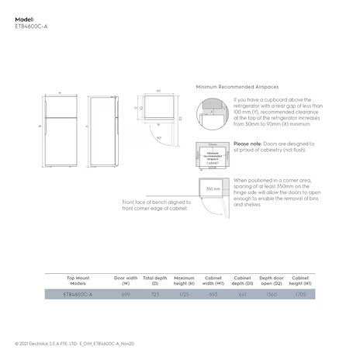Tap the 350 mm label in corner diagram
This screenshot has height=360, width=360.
click(212, 189)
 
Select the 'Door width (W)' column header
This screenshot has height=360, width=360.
click(126, 280)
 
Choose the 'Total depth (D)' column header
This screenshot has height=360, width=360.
click(154, 280)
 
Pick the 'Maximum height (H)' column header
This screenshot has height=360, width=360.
click(184, 280)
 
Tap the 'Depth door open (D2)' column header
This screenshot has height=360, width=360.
click(271, 280)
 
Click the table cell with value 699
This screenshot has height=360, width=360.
click(126, 295)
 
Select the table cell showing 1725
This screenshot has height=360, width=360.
click(184, 295)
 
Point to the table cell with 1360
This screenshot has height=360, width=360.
click(271, 295)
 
